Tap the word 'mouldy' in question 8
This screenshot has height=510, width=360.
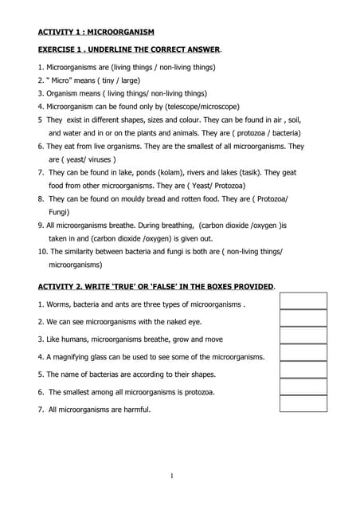(148, 198)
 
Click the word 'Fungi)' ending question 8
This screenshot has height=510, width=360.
(60, 212)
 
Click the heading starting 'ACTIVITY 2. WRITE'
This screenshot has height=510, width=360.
(156, 286)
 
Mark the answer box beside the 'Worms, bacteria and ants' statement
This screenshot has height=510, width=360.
(303, 301)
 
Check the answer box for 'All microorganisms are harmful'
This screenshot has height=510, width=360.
(303, 404)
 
